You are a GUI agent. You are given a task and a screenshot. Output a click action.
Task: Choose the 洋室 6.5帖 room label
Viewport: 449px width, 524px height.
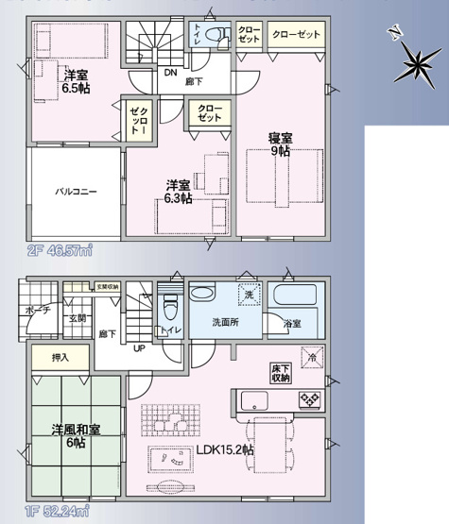coord(77,80)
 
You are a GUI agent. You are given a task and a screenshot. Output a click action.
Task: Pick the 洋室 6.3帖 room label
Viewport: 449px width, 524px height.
coord(180,192)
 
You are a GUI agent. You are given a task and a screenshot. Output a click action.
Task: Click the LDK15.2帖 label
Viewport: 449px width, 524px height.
coord(224,450)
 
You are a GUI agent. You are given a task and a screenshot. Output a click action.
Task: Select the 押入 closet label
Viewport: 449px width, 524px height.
coord(59,360)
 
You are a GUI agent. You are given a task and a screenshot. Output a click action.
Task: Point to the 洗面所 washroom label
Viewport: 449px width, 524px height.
coord(224,323)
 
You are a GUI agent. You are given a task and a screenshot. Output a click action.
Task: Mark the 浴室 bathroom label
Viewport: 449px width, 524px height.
coord(292,324)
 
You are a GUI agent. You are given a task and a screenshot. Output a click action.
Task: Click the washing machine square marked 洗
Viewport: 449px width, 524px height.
coord(247,294)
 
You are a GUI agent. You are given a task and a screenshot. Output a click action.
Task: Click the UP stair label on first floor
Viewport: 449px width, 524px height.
coord(140,348)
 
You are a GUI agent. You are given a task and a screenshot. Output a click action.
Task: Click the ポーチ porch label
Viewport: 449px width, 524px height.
coord(37,310)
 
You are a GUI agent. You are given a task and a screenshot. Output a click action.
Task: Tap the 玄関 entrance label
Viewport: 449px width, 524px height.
coord(77,318)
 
